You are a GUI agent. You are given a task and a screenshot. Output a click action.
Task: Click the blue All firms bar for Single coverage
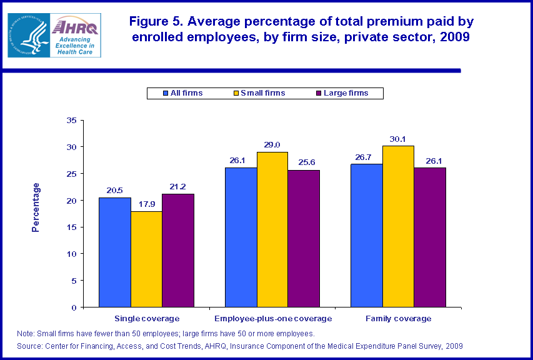click(x=115, y=252)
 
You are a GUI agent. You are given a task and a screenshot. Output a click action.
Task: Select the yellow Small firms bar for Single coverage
click(x=146, y=259)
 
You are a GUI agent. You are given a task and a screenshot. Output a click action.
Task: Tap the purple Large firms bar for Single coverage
click(x=178, y=251)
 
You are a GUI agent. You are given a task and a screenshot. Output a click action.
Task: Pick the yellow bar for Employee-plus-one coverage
click(x=272, y=229)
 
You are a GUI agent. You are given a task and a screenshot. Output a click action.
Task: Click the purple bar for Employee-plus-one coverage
click(x=304, y=239)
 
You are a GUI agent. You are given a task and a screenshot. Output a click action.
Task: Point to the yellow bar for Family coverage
click(x=398, y=226)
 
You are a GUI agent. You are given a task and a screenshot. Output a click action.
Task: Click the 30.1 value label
click(x=398, y=139)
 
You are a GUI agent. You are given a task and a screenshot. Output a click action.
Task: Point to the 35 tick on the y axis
click(x=71, y=120)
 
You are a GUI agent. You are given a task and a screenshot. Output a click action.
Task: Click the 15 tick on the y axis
click(x=71, y=227)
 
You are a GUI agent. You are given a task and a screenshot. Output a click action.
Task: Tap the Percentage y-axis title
click(x=36, y=207)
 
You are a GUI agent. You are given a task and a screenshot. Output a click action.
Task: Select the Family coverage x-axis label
click(x=398, y=319)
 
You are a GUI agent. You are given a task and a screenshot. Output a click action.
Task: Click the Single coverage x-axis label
click(x=147, y=319)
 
